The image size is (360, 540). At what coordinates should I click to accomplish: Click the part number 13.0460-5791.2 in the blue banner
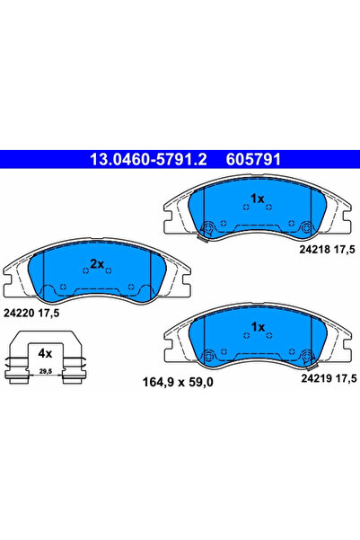pos(148,159)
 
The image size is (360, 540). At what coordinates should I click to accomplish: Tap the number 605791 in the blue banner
pos(253,159)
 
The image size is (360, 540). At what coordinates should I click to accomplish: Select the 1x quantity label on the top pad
pos(257,199)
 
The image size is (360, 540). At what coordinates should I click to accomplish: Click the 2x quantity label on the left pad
pos(97,264)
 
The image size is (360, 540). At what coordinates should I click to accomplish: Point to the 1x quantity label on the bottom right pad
pos(258,326)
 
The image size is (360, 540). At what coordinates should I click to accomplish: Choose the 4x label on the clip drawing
pos(45,353)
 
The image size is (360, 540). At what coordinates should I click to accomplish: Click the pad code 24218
pos(314,250)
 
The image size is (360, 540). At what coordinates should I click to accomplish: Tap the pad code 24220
pos(19,313)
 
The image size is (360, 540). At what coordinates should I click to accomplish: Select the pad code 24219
pos(316,378)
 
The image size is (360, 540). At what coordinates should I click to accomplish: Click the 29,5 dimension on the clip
pos(46,371)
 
